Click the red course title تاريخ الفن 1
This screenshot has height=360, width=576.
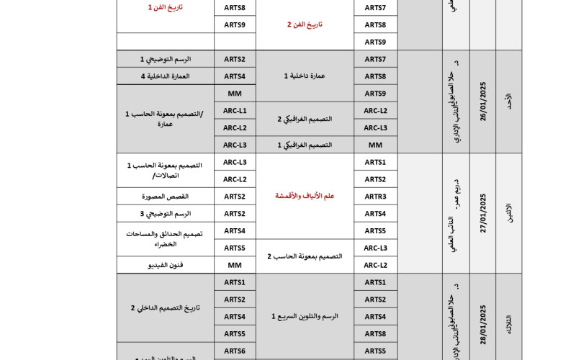pos(165,7)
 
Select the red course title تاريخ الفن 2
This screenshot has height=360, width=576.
pos(305,24)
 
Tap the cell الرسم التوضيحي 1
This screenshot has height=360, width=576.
pos(165,59)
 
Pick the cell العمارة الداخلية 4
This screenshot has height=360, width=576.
pos(165,76)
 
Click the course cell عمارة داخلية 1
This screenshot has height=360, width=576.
pos(305,76)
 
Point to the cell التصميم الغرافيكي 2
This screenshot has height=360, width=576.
pos(305,119)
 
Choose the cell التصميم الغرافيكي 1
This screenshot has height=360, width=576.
pos(305,145)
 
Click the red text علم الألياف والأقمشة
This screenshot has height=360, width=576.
pos(305,196)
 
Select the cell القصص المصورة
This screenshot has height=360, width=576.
pos(165,196)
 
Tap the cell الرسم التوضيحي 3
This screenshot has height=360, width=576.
pos(165,213)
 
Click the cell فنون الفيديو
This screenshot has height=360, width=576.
pos(165,265)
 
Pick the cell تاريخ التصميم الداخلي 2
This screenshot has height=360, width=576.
pos(165,307)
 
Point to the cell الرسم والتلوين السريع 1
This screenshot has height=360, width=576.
pos(305,316)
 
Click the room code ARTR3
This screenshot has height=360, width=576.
pos(375,196)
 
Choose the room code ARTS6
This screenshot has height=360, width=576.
pos(235,351)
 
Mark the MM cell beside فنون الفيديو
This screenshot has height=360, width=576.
pos(235,265)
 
